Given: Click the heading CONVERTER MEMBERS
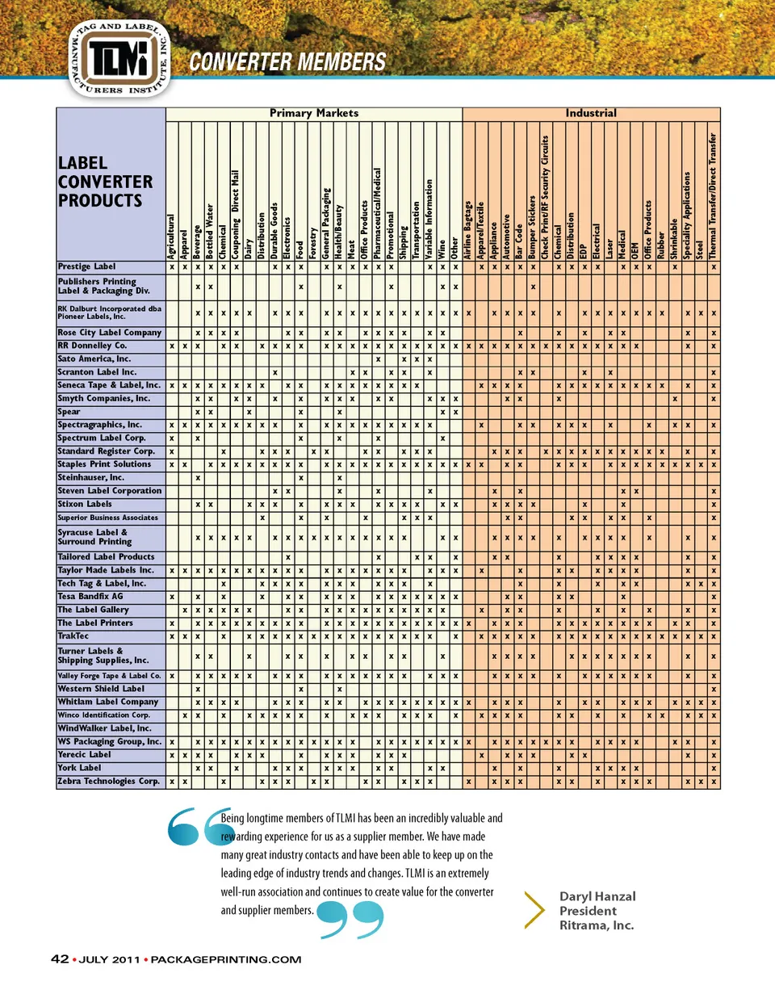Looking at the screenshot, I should (x=287, y=61).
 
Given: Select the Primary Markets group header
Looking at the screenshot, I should (x=313, y=113).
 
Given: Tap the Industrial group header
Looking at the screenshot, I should (x=590, y=113).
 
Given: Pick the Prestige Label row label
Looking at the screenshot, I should (x=87, y=266).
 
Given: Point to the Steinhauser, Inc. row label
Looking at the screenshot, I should (x=91, y=478).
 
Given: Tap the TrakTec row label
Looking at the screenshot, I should (x=73, y=636).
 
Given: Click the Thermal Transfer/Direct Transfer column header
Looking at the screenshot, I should (x=714, y=194).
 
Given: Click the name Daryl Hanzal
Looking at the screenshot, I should (x=597, y=896).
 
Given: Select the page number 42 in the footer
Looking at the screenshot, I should (x=59, y=959).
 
